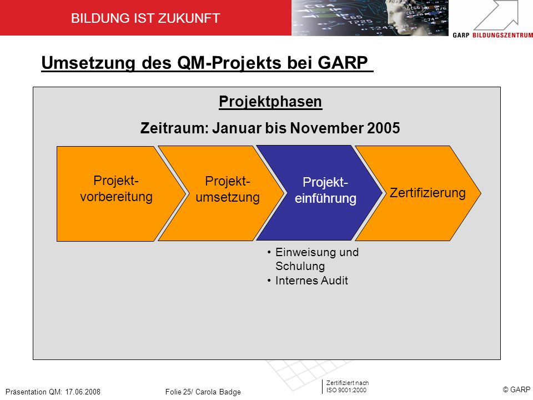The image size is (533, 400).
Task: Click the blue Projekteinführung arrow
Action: (320, 193)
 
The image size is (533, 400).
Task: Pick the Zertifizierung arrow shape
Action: (418, 193)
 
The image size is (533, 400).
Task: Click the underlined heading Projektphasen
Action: (270, 102)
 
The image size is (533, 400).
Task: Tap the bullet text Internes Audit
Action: (311, 281)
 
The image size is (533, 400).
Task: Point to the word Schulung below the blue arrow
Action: (300, 266)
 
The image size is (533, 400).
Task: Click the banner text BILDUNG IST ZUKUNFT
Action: (145, 18)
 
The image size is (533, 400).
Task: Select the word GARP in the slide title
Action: (343, 63)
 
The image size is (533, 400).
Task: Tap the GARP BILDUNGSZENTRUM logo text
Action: (493, 35)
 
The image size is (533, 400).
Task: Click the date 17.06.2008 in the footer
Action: (83, 392)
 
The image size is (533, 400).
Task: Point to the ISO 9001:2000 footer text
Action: (346, 390)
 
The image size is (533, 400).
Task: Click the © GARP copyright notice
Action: (516, 390)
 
